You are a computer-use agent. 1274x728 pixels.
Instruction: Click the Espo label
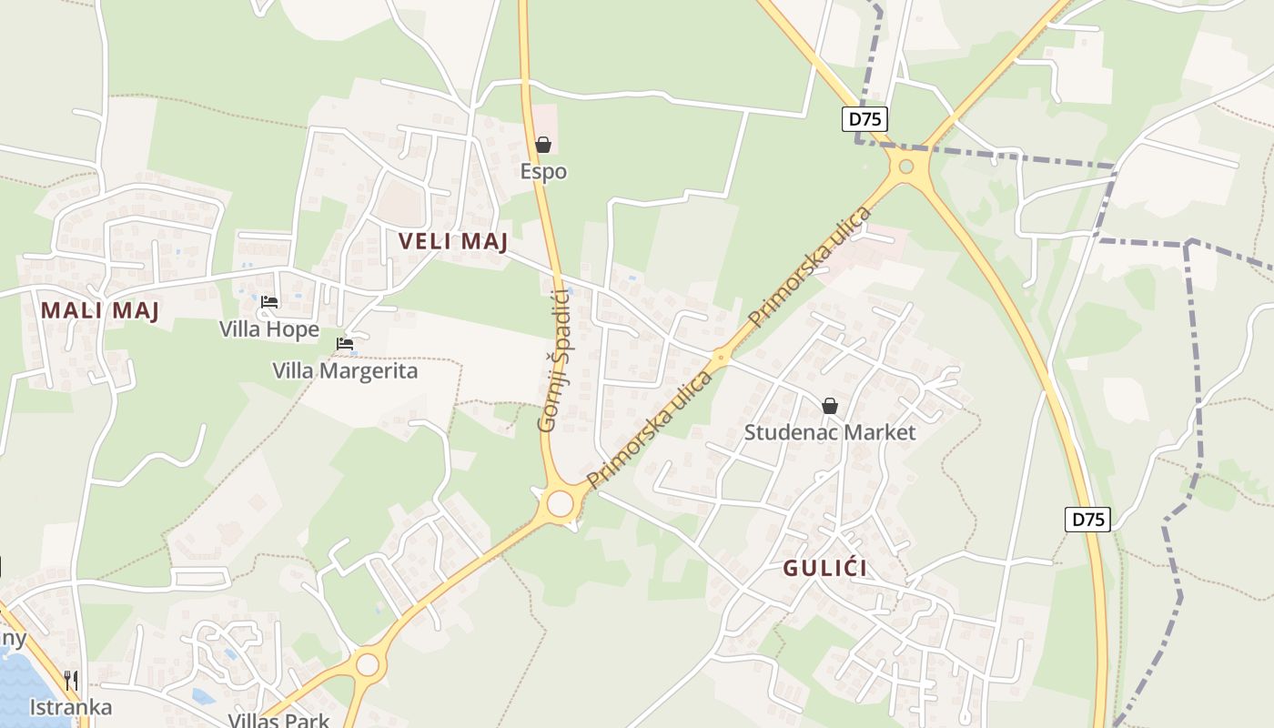click(x=543, y=171)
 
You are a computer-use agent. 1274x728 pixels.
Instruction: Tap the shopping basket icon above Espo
click(x=543, y=145)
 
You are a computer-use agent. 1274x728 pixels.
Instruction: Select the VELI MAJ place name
click(x=453, y=241)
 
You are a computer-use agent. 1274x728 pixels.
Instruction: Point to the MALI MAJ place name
click(x=100, y=310)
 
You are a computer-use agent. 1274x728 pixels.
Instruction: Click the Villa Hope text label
click(x=269, y=329)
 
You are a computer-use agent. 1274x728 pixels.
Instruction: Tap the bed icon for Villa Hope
click(x=269, y=302)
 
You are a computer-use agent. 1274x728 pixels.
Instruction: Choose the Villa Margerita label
click(x=346, y=371)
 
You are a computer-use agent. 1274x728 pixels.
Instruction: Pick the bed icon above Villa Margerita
click(x=345, y=344)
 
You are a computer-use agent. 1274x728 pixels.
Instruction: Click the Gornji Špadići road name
click(x=553, y=359)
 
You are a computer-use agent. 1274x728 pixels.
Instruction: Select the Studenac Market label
click(x=830, y=432)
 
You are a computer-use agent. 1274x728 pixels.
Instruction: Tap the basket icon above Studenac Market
click(x=830, y=406)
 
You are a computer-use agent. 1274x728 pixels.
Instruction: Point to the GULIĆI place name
click(x=825, y=569)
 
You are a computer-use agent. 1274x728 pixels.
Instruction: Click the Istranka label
click(x=71, y=707)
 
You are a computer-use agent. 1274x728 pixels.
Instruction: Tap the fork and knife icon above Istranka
click(x=71, y=680)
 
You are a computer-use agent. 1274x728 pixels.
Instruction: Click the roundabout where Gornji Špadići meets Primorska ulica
click(x=560, y=503)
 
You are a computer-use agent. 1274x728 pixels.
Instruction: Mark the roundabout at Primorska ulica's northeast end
click(x=905, y=167)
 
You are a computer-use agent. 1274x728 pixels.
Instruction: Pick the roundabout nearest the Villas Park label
click(x=368, y=664)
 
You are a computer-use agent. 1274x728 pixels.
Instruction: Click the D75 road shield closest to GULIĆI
click(x=1087, y=520)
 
